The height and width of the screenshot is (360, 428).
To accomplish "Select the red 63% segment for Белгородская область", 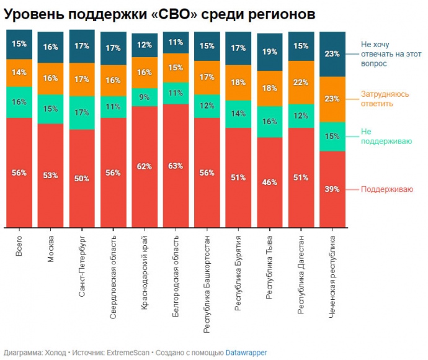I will pyautogui.click(x=176, y=165).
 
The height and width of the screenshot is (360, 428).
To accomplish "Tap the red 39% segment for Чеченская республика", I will pyautogui.click(x=332, y=189).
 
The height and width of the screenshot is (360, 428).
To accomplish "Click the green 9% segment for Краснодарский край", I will pyautogui.click(x=144, y=97).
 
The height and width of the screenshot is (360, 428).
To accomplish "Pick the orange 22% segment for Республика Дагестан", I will pyautogui.click(x=301, y=83).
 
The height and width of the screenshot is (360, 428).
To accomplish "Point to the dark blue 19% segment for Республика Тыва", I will pyautogui.click(x=269, y=52).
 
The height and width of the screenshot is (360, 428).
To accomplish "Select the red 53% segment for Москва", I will pyautogui.click(x=50, y=175).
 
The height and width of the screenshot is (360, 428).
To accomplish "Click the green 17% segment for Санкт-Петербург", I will pyautogui.click(x=82, y=113).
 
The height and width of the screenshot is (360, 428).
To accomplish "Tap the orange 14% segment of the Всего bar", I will pyautogui.click(x=19, y=73).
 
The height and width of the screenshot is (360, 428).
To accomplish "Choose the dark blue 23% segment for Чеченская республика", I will pyautogui.click(x=332, y=53).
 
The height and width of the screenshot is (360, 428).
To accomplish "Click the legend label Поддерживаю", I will pyautogui.click(x=386, y=189).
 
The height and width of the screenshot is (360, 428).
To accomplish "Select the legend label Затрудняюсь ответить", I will pyautogui.click(x=385, y=99).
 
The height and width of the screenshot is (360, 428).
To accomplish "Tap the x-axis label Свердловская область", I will pyautogui.click(x=113, y=277).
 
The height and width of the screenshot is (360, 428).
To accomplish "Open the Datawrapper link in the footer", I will pyautogui.click(x=246, y=353).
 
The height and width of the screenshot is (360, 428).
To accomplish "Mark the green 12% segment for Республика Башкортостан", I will pyautogui.click(x=207, y=106).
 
